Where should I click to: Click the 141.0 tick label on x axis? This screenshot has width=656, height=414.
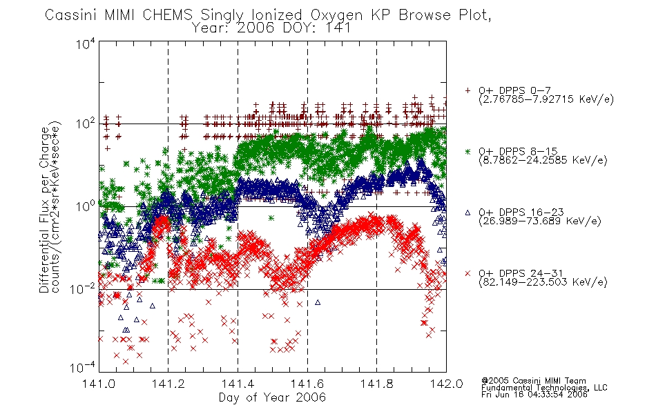[x=99, y=384]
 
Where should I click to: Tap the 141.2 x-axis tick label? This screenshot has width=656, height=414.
[x=168, y=384]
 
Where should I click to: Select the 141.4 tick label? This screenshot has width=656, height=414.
[x=238, y=384]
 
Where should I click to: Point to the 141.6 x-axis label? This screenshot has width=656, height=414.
[x=307, y=384]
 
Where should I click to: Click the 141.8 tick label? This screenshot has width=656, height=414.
[x=376, y=384]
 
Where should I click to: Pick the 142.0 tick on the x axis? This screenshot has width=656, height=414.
[x=446, y=384]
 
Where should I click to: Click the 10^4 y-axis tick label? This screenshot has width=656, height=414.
[x=86, y=43]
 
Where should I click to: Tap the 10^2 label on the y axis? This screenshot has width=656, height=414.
[x=86, y=124]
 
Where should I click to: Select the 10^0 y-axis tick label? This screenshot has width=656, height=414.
[x=86, y=206]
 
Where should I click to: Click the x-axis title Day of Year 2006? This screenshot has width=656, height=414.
[x=272, y=397]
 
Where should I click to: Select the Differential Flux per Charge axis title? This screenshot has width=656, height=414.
[x=44, y=210]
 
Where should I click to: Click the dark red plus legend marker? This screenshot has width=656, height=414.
[x=467, y=90]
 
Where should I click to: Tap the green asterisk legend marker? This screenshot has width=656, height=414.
[x=467, y=151]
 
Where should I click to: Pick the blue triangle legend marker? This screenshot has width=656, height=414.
[x=467, y=213]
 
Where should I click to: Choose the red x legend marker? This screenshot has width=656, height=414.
[x=467, y=273]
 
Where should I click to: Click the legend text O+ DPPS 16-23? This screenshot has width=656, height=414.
[x=521, y=212]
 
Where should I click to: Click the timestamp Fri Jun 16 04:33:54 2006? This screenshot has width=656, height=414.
[x=534, y=395]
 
